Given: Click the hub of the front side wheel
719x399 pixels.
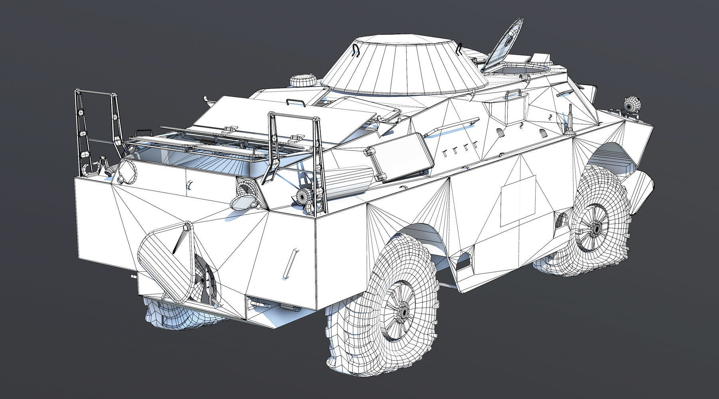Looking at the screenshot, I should (x=595, y=228).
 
